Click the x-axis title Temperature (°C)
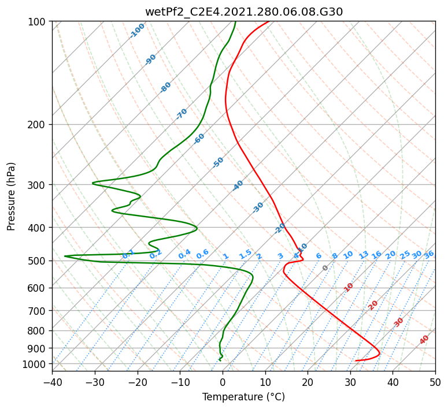(x=243, y=397)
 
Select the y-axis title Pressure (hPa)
(x=11, y=196)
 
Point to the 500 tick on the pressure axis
(x=38, y=261)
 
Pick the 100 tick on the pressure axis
(x=38, y=22)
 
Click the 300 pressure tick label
(x=38, y=185)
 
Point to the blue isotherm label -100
(x=138, y=30)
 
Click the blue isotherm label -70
(x=182, y=114)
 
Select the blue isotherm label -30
(x=258, y=207)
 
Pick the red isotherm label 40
(x=424, y=340)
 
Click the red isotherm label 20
(x=373, y=304)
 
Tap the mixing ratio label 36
(x=429, y=254)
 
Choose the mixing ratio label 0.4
(x=184, y=255)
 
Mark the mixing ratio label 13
(x=364, y=255)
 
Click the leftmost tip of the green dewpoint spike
(x=65, y=256)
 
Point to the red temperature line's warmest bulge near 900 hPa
(x=379, y=352)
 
